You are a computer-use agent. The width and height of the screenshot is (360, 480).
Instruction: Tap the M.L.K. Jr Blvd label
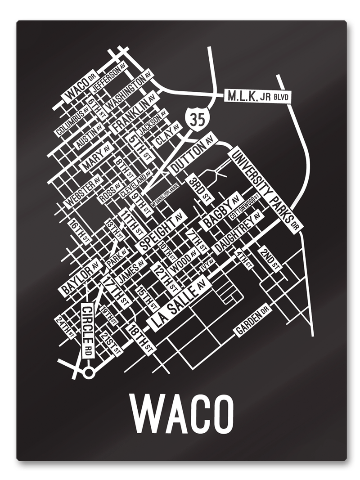point(256,96)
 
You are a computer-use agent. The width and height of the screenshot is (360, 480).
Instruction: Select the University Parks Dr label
point(265,189)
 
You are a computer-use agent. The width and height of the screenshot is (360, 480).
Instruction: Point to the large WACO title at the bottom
point(182,413)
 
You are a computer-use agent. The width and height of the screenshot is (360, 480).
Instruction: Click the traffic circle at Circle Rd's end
point(89,372)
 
